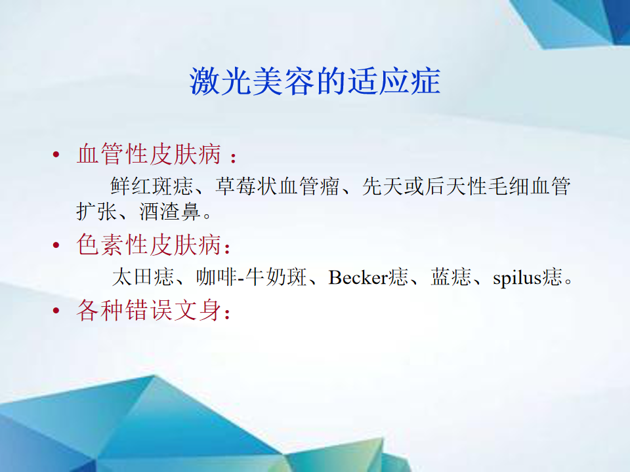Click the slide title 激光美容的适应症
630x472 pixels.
pos(315,81)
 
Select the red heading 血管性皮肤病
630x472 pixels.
pos(149,153)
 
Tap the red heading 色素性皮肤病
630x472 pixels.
pos(149,244)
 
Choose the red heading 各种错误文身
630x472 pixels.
pos(149,310)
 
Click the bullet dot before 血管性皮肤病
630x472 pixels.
pos(56,154)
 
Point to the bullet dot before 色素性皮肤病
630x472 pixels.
pos(56,245)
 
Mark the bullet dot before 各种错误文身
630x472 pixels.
pos(56,310)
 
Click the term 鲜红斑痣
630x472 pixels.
pos(152,186)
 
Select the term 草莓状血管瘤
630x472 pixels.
pos(278,186)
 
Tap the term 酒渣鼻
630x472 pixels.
pos(169,211)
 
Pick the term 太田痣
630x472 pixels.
pos(144,277)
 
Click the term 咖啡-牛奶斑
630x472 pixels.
pos(251,277)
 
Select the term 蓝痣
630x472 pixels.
pos(451,277)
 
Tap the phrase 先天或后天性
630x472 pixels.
pos(425,186)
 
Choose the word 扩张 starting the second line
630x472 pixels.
pos(97,211)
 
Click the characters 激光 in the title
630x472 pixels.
pos(220,81)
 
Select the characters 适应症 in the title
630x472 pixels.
pos(394,81)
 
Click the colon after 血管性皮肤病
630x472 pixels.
pos(233,157)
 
